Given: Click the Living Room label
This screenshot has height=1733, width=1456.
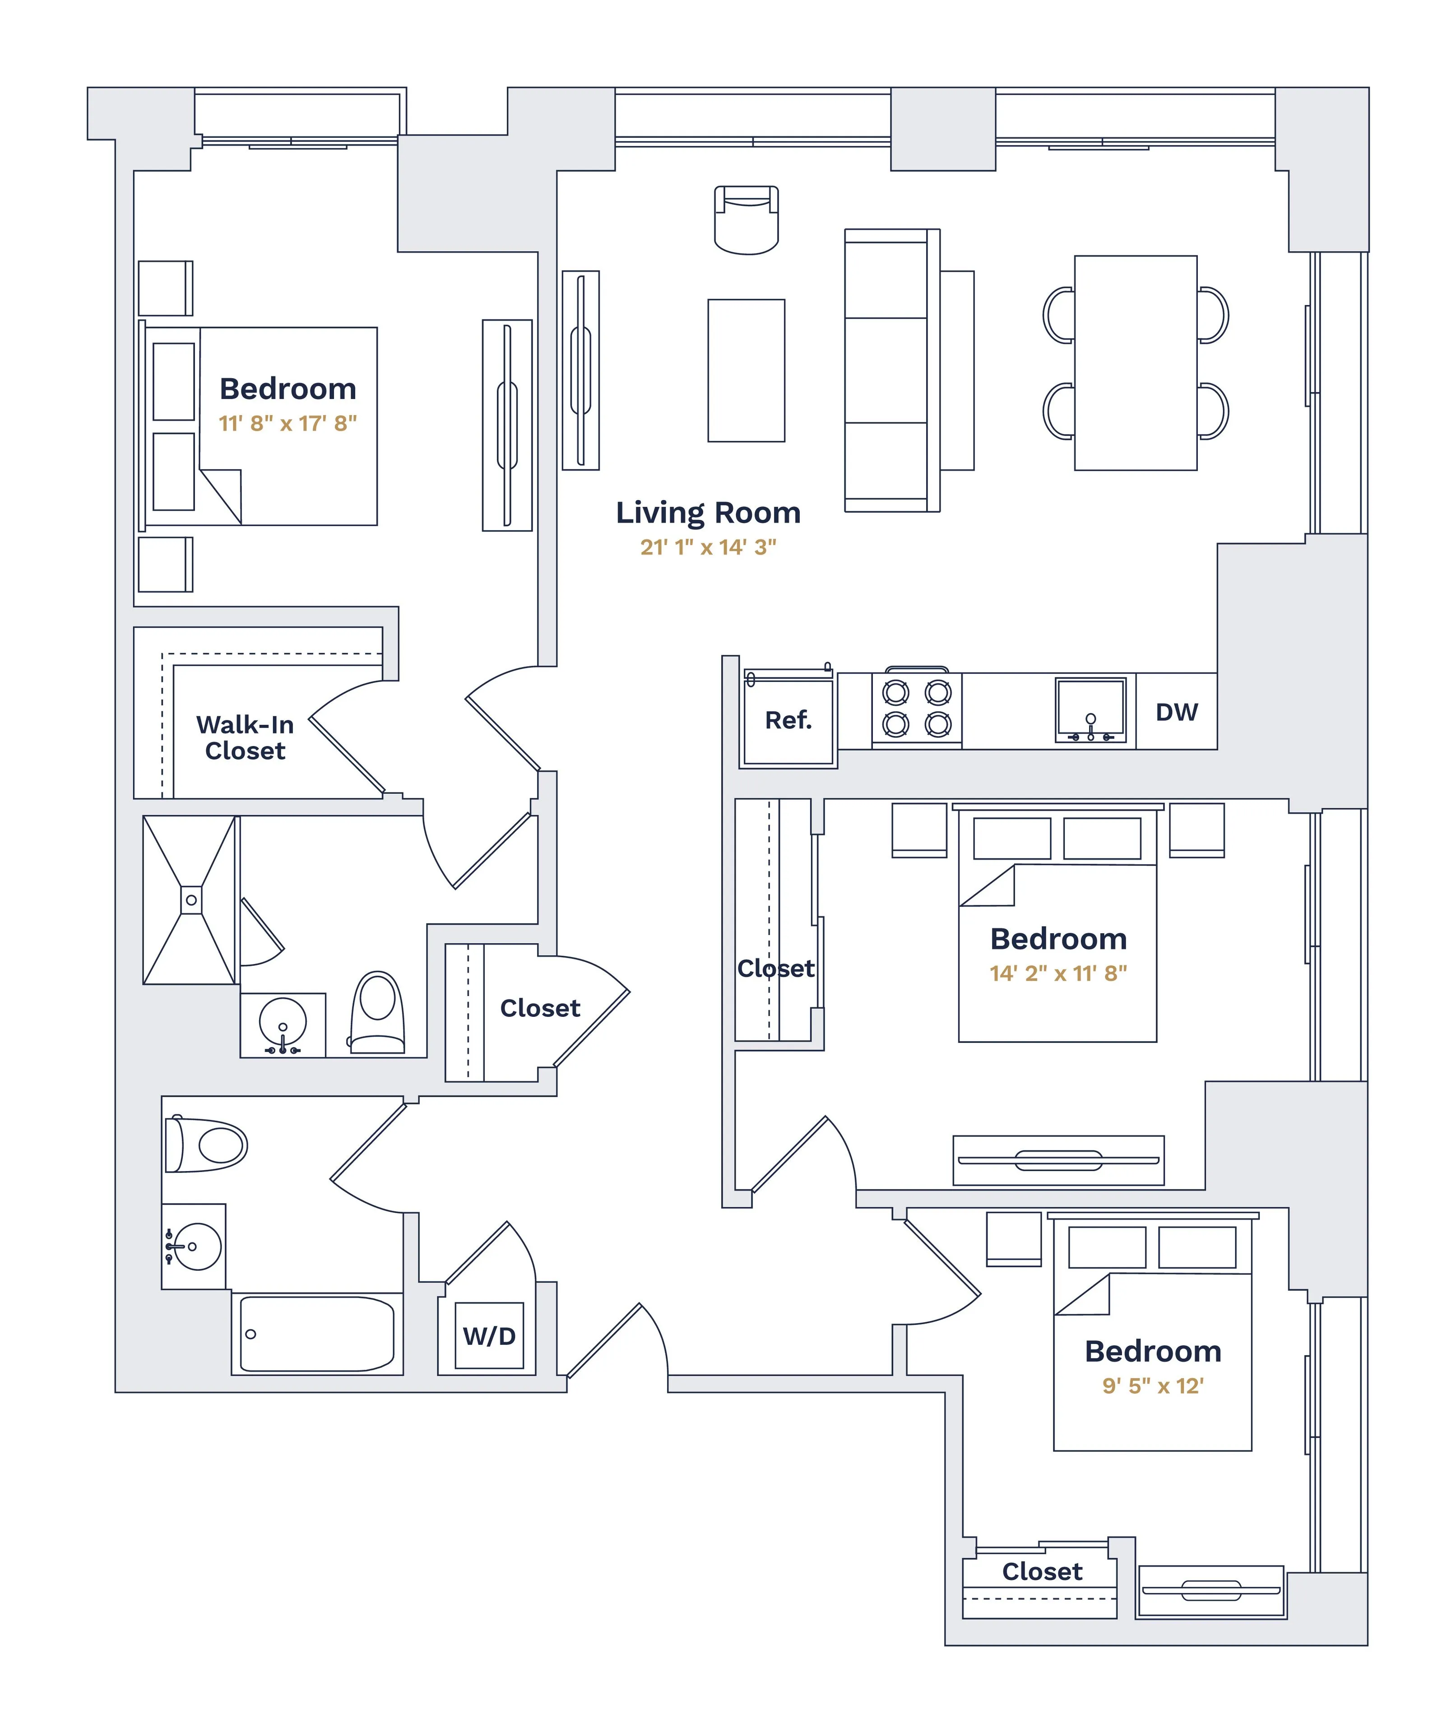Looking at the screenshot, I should pyautogui.click(x=708, y=513).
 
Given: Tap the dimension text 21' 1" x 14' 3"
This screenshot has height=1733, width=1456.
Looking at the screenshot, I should pyautogui.click(x=708, y=547).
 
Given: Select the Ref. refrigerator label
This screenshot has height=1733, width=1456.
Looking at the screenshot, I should pyautogui.click(x=788, y=720).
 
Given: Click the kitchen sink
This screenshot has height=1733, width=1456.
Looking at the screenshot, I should pyautogui.click(x=1090, y=710).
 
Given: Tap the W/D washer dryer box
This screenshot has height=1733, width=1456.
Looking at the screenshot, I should pyautogui.click(x=489, y=1336).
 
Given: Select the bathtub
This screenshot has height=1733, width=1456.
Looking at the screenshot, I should pyautogui.click(x=317, y=1334).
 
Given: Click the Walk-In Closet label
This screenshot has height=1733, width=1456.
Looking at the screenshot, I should pyautogui.click(x=245, y=738).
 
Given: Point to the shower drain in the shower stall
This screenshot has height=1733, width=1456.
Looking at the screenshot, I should pyautogui.click(x=190, y=900).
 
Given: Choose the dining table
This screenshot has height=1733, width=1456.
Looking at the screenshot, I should pyautogui.click(x=1135, y=363).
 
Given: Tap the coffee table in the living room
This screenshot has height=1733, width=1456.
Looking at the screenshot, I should pyautogui.click(x=746, y=371).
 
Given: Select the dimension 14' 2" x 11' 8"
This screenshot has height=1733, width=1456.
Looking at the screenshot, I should pyautogui.click(x=1058, y=974).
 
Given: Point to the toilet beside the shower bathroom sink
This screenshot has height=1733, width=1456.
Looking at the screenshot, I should pyautogui.click(x=378, y=1013).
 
